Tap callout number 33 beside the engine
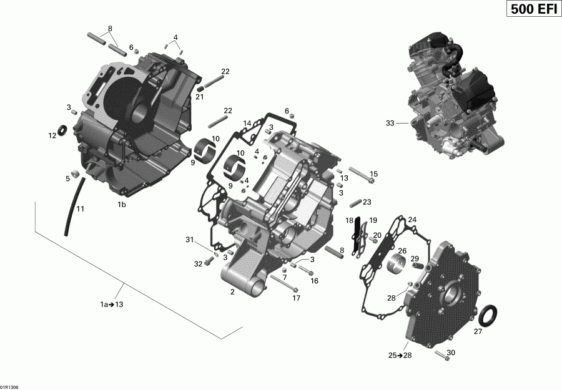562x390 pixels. click(x=390, y=124)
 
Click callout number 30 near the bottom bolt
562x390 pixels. click(x=451, y=353)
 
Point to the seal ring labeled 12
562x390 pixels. click(x=63, y=130)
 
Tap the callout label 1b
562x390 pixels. click(x=122, y=205)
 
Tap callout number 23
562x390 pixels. click(x=367, y=202)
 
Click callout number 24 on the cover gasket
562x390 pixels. click(x=412, y=220)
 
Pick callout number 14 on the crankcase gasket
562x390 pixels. click(x=247, y=123)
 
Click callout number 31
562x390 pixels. click(x=189, y=240)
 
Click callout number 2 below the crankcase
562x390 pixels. click(x=232, y=291)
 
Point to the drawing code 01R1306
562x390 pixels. click(x=10, y=386)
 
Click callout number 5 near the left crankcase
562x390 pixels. click(x=67, y=178)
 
